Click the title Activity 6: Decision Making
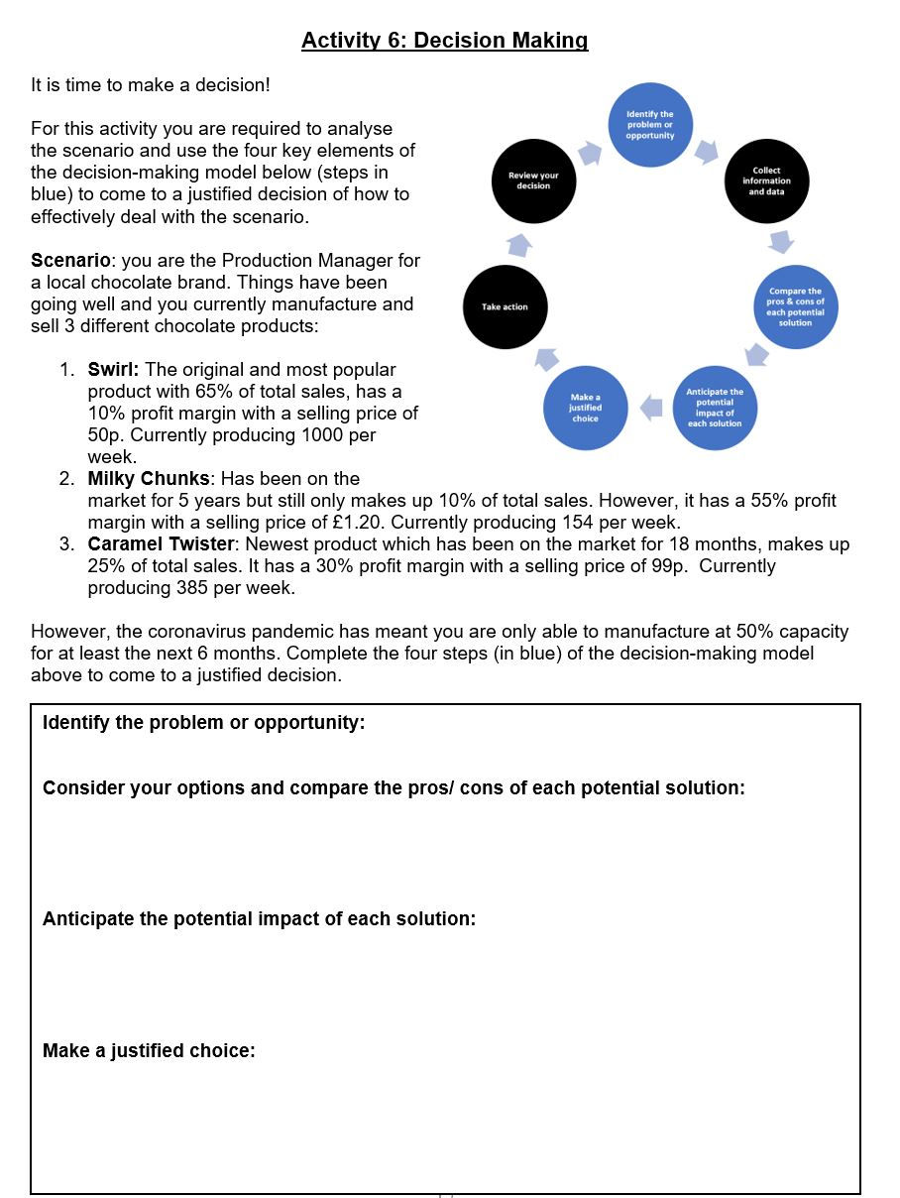pyautogui.click(x=444, y=41)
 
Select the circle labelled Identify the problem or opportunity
pyautogui.click(x=649, y=124)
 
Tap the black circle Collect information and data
pyautogui.click(x=766, y=180)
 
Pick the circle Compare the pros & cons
pyautogui.click(x=795, y=306)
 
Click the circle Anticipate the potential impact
pyautogui.click(x=714, y=408)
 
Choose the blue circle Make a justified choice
pyautogui.click(x=585, y=408)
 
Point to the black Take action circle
pyautogui.click(x=505, y=306)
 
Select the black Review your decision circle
pyautogui.click(x=533, y=180)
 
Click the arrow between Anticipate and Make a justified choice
pyautogui.click(x=650, y=407)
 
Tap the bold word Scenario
pyautogui.click(x=69, y=261)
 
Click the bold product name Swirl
pyautogui.click(x=111, y=370)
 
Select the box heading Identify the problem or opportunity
pyautogui.click(x=203, y=723)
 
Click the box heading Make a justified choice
pyautogui.click(x=149, y=1051)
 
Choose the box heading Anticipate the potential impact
pyautogui.click(x=259, y=919)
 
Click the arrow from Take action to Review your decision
pyautogui.click(x=519, y=243)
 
